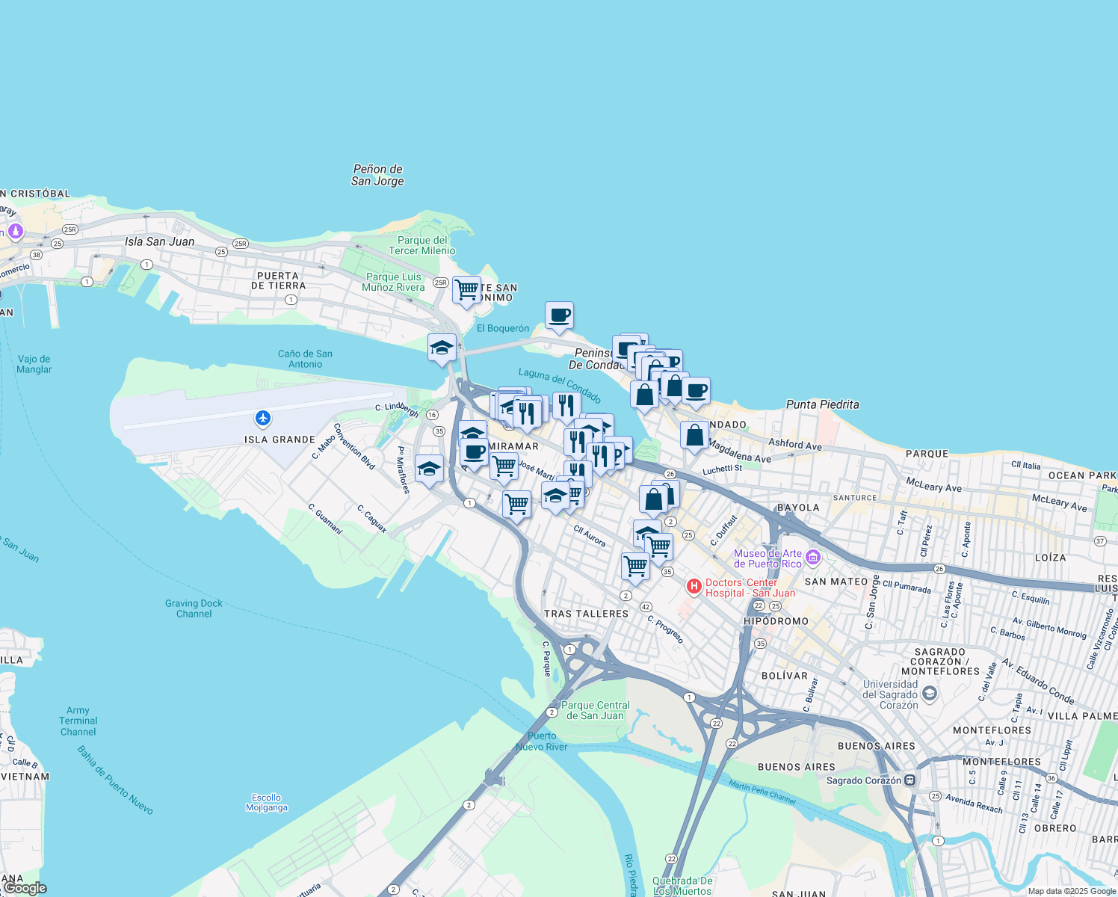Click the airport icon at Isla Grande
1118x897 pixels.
(x=262, y=418)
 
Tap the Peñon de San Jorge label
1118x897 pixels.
(x=377, y=175)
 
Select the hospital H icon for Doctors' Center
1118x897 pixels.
(x=694, y=587)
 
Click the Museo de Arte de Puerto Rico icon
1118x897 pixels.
(x=813, y=558)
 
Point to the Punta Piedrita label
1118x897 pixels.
(x=822, y=404)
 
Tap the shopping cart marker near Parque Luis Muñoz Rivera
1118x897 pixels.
(x=466, y=290)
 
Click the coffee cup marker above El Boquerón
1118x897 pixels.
(x=559, y=315)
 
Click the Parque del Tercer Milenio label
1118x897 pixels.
(x=422, y=245)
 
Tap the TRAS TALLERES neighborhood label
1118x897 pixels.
(x=586, y=614)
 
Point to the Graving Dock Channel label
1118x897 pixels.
(x=194, y=608)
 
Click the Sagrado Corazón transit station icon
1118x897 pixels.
(x=909, y=780)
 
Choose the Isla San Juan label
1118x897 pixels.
(x=159, y=241)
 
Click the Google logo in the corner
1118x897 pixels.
(x=25, y=888)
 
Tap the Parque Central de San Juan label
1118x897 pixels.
(x=595, y=710)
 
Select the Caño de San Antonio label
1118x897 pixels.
(x=305, y=359)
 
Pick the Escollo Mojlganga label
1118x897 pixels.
(x=266, y=802)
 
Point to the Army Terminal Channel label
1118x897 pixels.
(x=78, y=721)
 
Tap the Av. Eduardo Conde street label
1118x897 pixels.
(x=1038, y=682)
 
